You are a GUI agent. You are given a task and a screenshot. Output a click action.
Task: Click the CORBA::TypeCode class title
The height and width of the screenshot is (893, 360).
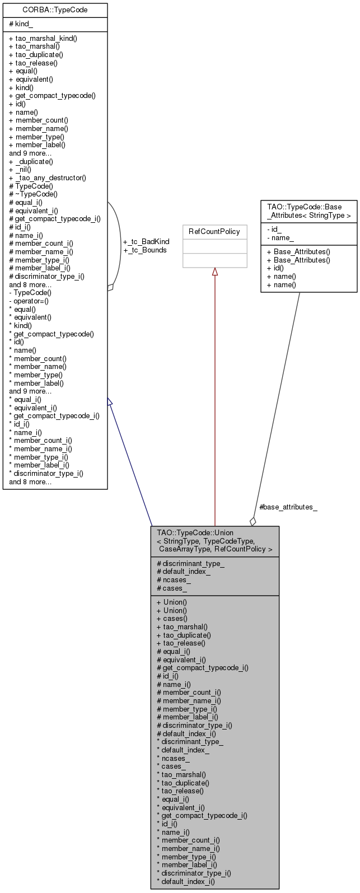coord(55,10)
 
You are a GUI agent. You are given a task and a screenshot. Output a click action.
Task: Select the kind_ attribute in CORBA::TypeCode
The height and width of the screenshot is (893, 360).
coord(21,24)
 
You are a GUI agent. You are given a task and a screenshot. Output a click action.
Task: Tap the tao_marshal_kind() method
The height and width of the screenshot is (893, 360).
coord(43,39)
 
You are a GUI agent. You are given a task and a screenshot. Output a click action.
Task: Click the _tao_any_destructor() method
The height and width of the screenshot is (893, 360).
coord(48,178)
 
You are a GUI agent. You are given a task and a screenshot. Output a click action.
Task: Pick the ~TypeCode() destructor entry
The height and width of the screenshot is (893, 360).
coord(33,194)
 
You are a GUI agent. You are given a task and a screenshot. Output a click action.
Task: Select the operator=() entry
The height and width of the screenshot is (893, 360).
coord(29,301)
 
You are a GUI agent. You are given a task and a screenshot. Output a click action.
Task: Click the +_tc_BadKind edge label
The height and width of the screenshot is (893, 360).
coord(146,242)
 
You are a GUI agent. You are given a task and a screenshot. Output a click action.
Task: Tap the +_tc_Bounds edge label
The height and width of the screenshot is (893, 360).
coord(145,250)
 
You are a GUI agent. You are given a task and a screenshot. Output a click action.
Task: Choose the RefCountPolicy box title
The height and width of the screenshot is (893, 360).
coord(214,232)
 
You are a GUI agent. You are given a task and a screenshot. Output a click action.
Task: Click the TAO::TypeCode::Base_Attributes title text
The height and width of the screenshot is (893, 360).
coord(308,211)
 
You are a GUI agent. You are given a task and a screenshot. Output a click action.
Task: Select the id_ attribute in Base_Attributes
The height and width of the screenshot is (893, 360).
coord(274,230)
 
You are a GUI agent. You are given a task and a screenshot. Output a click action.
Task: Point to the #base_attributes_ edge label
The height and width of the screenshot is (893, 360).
coord(288,507)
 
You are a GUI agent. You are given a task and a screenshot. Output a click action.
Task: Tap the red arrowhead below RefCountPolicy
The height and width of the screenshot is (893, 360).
coord(215,272)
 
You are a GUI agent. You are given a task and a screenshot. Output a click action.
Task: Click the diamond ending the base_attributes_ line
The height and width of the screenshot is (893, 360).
coord(253,521)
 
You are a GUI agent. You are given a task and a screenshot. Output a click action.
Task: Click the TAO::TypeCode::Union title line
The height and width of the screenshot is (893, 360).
coord(195,532)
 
